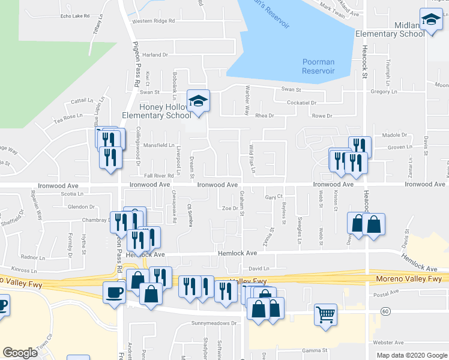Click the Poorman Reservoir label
(x=318, y=67)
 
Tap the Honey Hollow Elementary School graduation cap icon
(x=197, y=100)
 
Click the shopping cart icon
(x=325, y=314)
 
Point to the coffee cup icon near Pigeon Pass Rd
(x=114, y=292)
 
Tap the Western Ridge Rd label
(x=153, y=20)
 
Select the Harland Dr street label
(x=155, y=55)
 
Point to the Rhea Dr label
(x=265, y=115)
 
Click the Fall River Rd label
(x=158, y=175)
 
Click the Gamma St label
(x=314, y=350)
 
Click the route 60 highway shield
(x=385, y=311)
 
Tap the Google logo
(x=20, y=352)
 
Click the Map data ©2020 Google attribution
(x=412, y=355)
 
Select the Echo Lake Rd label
(x=76, y=16)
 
